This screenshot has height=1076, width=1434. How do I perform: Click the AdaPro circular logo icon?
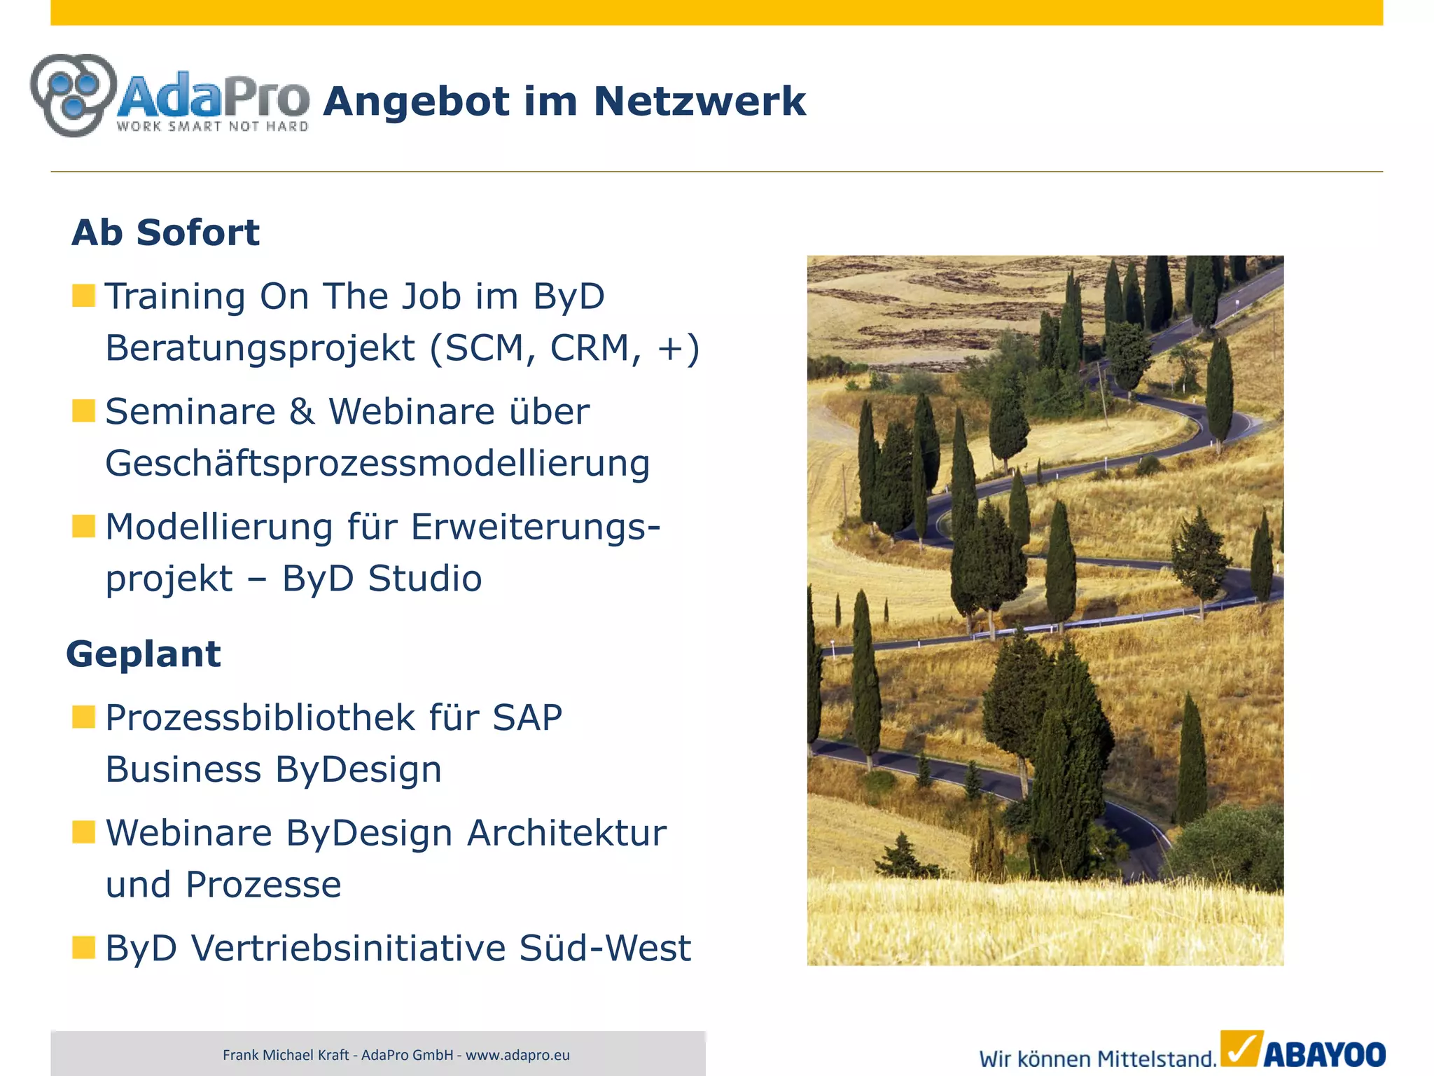coord(74,95)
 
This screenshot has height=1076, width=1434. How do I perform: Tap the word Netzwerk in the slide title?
coord(699,102)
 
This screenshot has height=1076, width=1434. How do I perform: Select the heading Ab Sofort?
coord(165,233)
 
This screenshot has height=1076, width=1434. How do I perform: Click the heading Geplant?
coord(144,654)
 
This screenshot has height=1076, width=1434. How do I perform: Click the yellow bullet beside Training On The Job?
coord(83,296)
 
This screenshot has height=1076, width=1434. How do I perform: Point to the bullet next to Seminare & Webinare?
coord(83,411)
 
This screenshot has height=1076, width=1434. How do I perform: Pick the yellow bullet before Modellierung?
coord(83,525)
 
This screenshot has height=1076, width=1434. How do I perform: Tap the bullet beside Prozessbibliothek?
coord(83,717)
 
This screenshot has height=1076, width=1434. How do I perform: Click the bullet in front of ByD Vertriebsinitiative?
coord(83,947)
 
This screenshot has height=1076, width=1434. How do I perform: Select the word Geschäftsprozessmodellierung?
coord(377,464)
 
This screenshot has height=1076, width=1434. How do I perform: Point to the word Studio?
coord(425,579)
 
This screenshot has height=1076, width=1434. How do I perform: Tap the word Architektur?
coord(566,833)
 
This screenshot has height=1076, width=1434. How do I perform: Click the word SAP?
coord(527,717)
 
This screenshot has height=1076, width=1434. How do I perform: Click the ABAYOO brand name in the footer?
coord(1324,1055)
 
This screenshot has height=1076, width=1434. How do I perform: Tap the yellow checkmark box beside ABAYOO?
coord(1241,1049)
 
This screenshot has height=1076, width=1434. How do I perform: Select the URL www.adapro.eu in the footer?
coord(517,1055)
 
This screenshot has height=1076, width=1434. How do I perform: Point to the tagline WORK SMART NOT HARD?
coord(212,127)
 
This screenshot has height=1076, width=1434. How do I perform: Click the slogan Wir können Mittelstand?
coord(1097,1058)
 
